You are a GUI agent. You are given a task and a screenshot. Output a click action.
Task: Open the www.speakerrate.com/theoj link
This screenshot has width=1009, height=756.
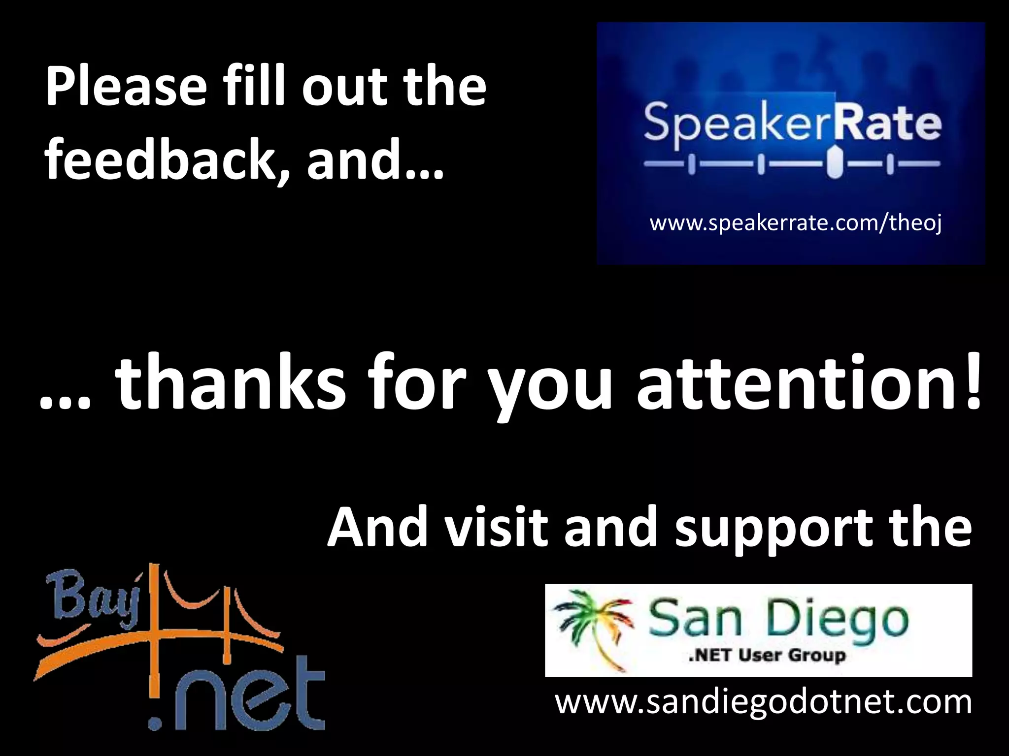click(x=796, y=223)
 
